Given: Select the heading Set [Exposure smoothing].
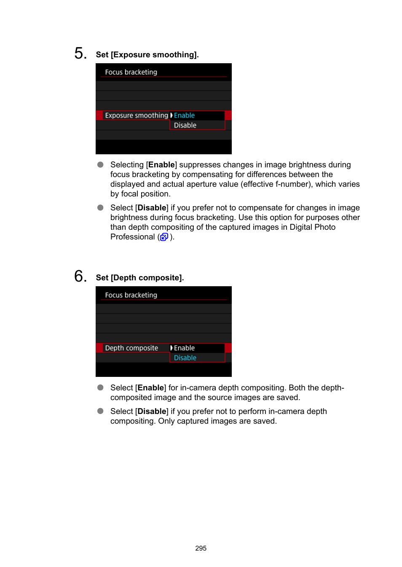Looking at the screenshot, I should (147, 55).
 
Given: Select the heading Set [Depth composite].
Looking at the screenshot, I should (139, 278).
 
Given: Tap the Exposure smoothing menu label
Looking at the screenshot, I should (136, 116).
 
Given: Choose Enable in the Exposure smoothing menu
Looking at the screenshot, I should (184, 116).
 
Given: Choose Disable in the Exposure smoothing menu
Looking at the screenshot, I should (185, 125).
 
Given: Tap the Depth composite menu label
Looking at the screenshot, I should (131, 348).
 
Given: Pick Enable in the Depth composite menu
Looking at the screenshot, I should (184, 348).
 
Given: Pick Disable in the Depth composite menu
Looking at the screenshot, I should (185, 358).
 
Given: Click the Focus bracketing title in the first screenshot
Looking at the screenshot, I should (131, 72).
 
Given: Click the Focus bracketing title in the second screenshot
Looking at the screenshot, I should (131, 295).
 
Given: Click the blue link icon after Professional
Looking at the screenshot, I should (164, 237).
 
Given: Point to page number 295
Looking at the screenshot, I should (201, 548).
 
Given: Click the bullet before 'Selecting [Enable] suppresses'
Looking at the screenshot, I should (100, 165).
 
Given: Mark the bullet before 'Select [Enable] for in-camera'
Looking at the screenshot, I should (100, 388).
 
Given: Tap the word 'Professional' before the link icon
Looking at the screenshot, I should (132, 237).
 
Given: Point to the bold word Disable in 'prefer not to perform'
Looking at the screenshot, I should (152, 411).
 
